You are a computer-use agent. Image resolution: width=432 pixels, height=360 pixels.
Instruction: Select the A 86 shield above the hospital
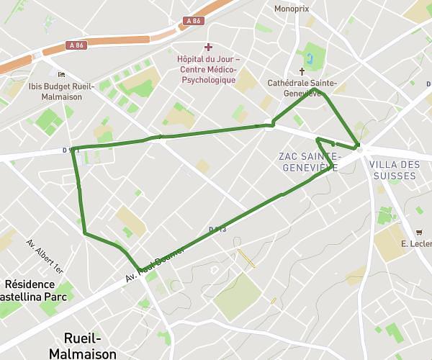tap(193, 21)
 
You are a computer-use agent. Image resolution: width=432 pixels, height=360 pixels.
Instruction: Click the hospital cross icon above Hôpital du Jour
tap(208, 47)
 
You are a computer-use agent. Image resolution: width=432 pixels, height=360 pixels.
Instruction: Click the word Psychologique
tap(208, 80)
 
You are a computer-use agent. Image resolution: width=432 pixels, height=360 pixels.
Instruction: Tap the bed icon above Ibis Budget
tap(61, 74)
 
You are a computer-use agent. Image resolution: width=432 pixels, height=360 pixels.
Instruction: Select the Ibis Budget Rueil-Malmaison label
tap(61, 91)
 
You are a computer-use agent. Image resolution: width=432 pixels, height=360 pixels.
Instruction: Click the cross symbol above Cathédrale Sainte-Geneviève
tap(302, 71)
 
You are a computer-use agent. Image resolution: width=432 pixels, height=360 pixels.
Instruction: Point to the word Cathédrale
tap(286, 84)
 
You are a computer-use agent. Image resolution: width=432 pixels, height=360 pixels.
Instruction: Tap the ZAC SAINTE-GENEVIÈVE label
tap(308, 162)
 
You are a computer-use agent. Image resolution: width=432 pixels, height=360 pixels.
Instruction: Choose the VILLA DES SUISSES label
tap(393, 170)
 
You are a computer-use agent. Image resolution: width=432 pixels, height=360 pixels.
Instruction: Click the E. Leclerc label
tap(416, 244)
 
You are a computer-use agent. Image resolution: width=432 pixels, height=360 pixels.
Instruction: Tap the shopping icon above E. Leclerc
tap(418, 232)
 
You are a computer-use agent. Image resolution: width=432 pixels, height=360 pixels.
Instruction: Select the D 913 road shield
tap(217, 230)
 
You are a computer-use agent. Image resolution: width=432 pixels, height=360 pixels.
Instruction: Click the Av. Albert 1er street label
tap(45, 256)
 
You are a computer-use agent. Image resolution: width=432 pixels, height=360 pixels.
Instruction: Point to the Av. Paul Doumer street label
tap(155, 264)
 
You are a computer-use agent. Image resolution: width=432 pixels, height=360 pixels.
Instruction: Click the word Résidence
tap(30, 284)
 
